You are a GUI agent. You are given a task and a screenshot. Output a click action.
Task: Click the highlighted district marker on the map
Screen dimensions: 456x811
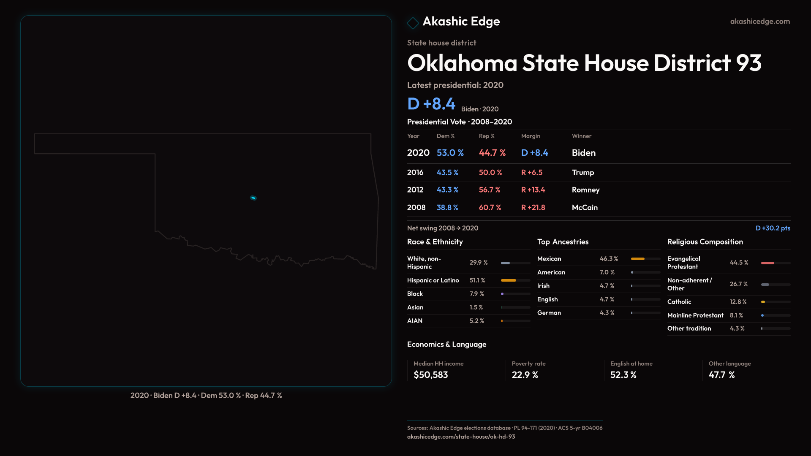253,198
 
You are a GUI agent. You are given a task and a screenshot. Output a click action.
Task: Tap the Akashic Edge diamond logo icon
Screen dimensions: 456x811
413,23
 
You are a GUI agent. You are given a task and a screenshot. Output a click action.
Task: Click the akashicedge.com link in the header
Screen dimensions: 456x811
760,22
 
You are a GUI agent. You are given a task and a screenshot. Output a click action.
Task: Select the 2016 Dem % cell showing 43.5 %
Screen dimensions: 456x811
447,173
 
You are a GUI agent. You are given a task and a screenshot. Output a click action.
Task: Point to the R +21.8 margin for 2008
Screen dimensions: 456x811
533,208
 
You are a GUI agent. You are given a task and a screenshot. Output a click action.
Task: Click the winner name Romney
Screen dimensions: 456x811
585,190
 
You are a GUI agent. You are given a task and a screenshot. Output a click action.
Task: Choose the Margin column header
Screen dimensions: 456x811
531,136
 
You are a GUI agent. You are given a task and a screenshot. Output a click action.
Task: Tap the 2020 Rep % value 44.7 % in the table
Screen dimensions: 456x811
492,153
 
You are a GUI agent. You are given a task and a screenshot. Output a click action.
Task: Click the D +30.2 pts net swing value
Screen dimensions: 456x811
773,228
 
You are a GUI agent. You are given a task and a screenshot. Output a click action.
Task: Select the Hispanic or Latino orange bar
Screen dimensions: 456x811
509,280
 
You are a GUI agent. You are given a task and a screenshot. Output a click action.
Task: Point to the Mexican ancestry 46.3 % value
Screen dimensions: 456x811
609,259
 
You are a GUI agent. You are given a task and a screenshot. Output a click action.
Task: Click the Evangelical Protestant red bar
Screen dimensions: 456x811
767,263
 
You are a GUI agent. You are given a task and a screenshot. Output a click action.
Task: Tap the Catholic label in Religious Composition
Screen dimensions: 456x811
679,302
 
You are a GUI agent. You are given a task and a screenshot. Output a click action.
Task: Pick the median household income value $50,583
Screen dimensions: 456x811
430,375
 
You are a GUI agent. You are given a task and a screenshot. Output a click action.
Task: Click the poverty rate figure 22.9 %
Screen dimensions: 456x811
525,375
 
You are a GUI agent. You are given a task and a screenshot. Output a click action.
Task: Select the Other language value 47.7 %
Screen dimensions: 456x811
721,375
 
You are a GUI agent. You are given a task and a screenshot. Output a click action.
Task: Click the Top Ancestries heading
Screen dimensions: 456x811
563,242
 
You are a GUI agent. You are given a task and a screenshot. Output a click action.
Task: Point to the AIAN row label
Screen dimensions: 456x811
415,321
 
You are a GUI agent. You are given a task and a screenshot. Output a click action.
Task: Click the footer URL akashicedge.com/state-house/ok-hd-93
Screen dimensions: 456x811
461,437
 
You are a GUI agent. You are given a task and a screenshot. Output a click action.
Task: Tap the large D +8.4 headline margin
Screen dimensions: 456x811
431,104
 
